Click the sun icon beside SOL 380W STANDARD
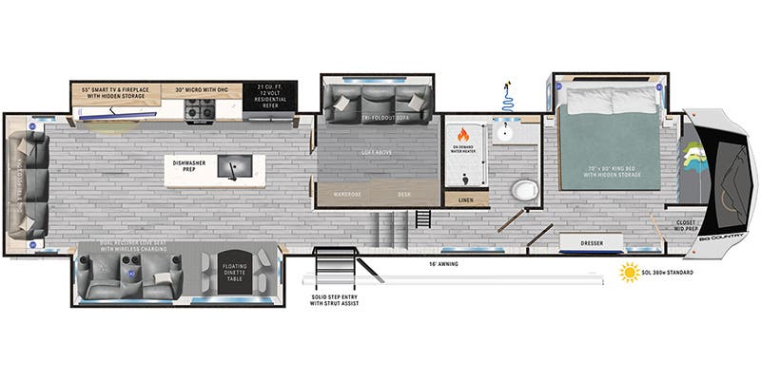(629, 274)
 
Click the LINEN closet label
(466, 199)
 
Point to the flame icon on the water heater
(465, 134)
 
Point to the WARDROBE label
(346, 195)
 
